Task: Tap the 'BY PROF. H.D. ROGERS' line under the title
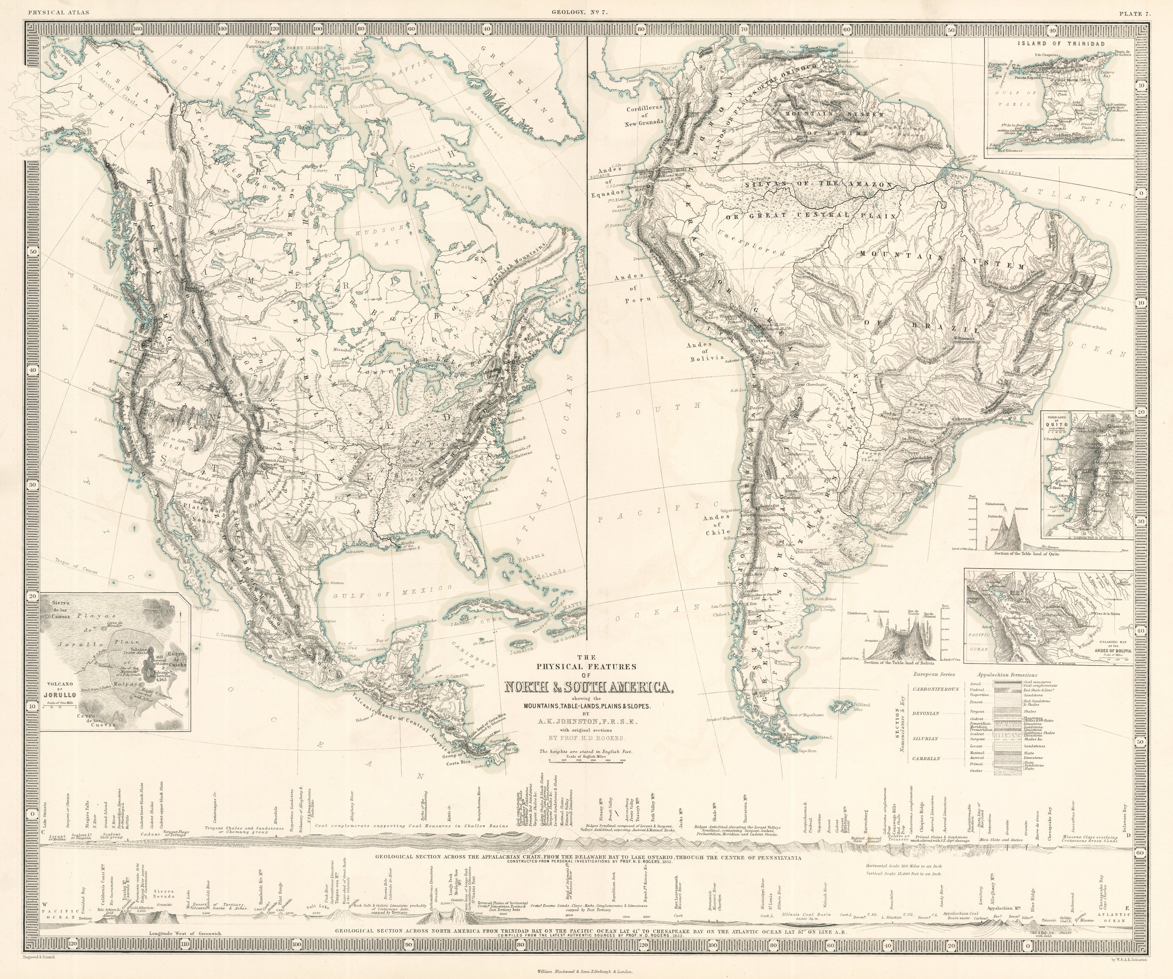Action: pyautogui.click(x=589, y=737)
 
